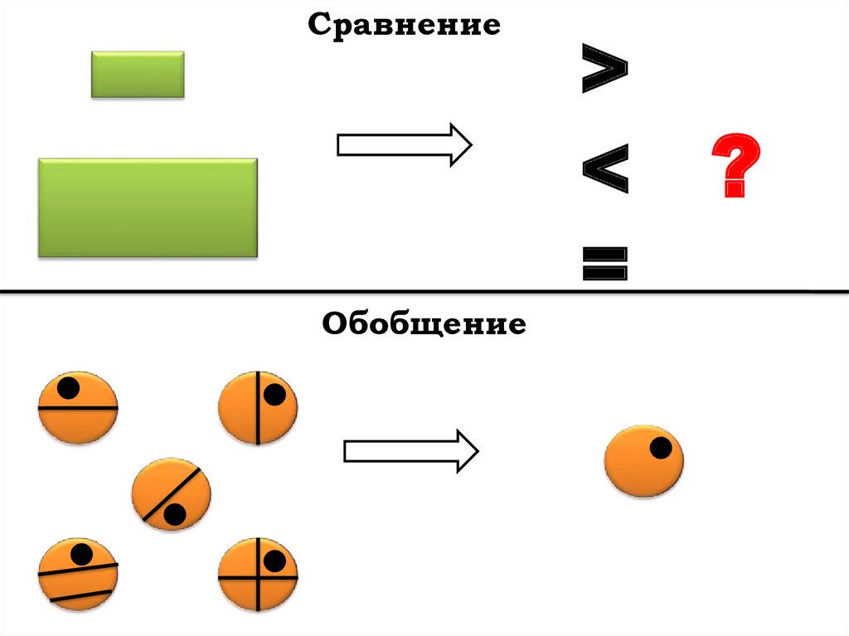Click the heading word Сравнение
(405, 25)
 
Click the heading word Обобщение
(424, 323)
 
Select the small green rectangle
(138, 75)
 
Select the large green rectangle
(148, 207)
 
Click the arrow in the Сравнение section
(404, 145)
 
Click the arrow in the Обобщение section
(410, 451)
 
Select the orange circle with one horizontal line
(78, 408)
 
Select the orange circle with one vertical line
(257, 407)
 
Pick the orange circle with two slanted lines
(78, 575)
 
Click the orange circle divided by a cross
(257, 575)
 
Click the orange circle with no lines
(643, 461)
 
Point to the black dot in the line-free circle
(661, 449)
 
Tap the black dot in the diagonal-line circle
(174, 515)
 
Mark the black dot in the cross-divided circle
(271, 561)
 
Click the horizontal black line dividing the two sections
(424, 292)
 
